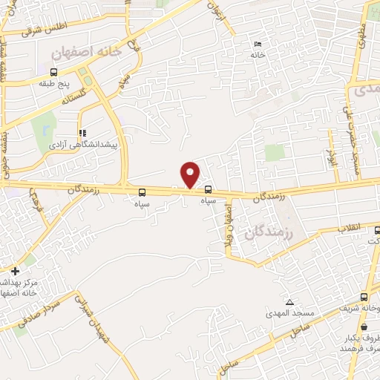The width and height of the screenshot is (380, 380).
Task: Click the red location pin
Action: point(190,174)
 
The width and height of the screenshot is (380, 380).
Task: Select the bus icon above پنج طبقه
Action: point(54,72)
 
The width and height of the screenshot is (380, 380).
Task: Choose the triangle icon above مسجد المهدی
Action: point(289,302)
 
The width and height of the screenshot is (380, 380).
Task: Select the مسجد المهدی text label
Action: point(291,314)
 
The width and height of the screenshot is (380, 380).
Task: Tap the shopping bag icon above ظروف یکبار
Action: point(364,326)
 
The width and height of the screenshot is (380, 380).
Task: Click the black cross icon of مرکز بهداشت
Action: point(15,271)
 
